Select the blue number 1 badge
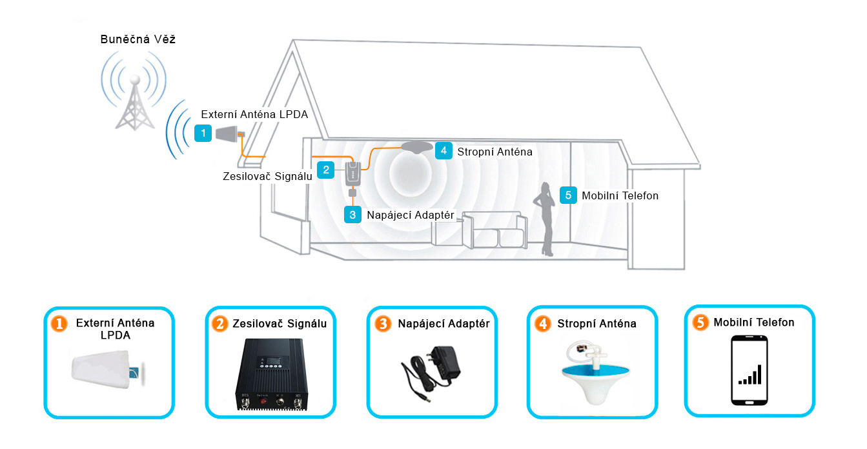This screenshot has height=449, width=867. pos(203,134)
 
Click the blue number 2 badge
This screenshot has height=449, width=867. pos(327,170)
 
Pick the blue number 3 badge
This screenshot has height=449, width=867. pos(352,214)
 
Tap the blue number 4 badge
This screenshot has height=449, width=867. pos(443,151)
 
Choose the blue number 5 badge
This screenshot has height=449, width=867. pos(568,195)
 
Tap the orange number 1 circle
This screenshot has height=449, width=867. pos(59,324)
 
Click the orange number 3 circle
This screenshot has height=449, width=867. pos(383,324)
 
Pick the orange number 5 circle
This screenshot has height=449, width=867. pos(700,323)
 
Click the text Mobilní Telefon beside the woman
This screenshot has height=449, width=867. pos(620,195)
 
